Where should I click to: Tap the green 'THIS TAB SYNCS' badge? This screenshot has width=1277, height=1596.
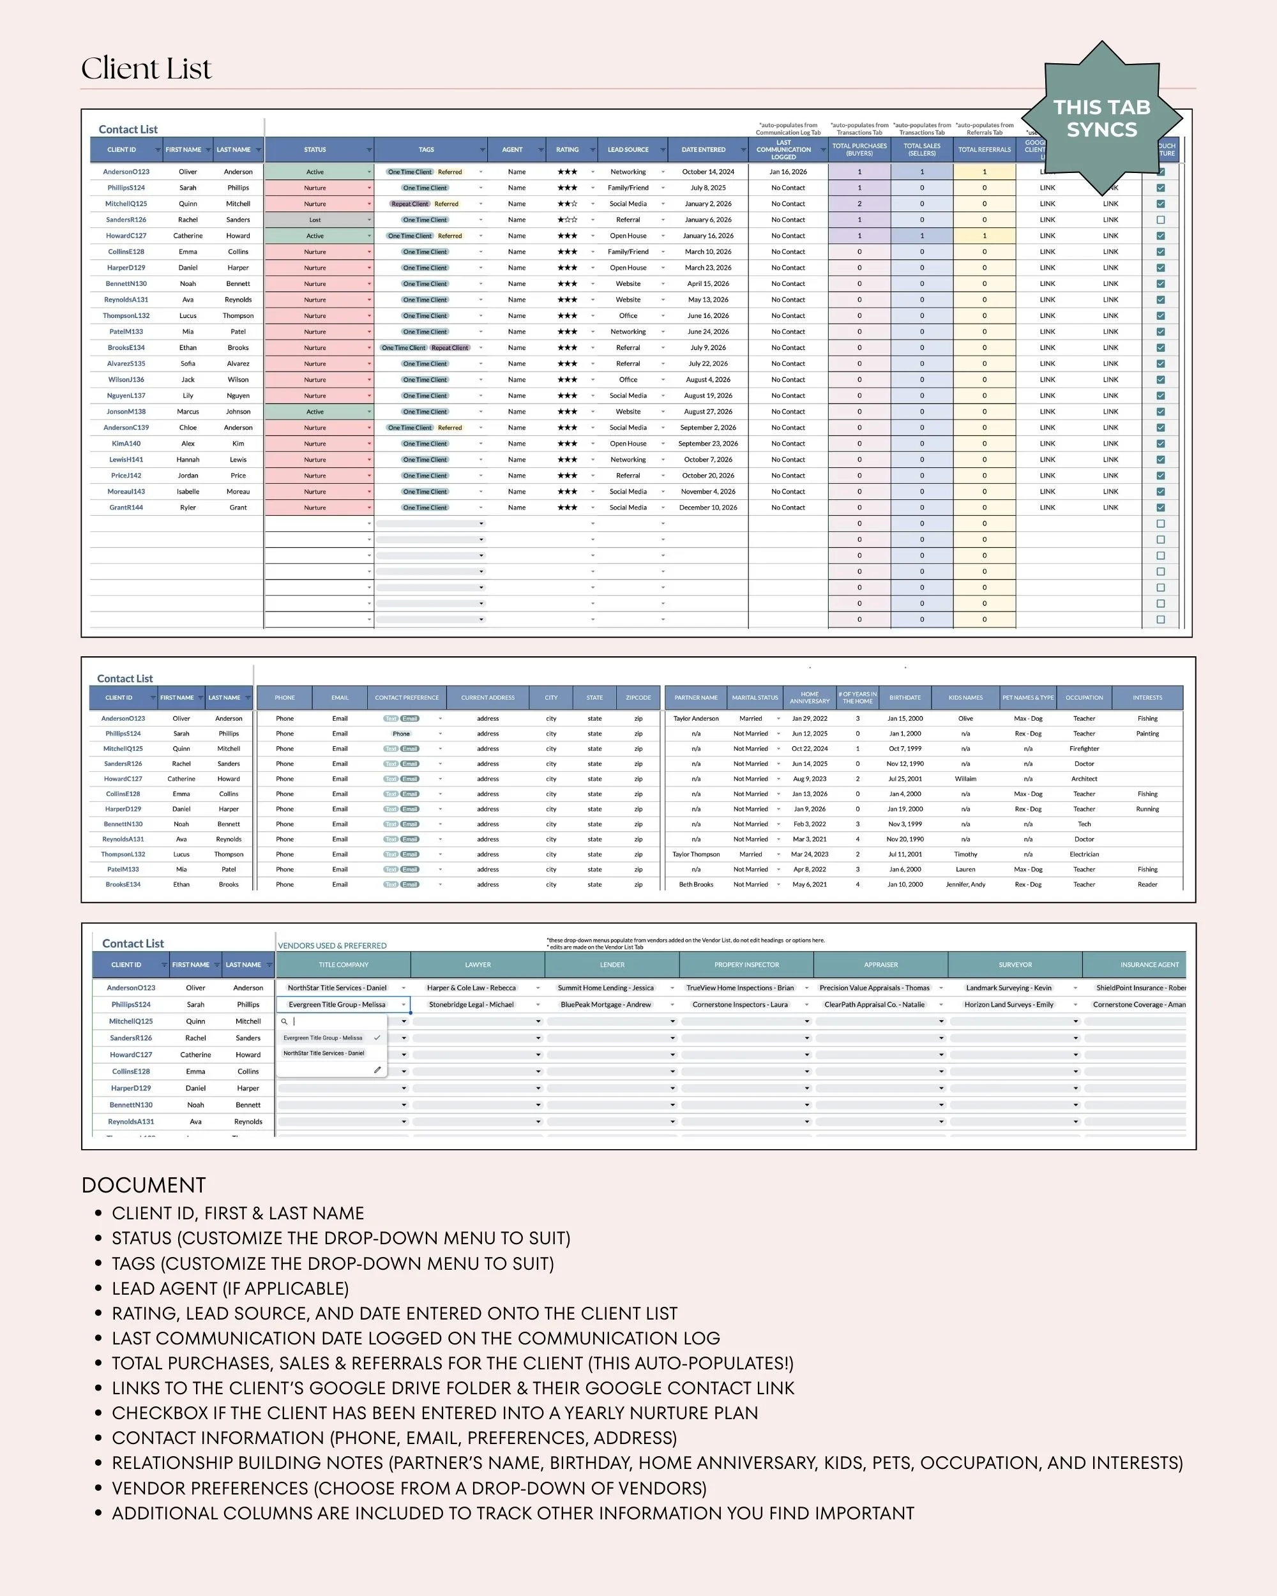pyautogui.click(x=1101, y=119)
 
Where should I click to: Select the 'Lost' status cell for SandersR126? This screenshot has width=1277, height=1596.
pyautogui.click(x=315, y=220)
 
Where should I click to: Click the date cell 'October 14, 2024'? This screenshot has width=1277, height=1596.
pyautogui.click(x=707, y=172)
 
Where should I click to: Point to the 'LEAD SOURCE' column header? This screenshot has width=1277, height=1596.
pyautogui.click(x=628, y=149)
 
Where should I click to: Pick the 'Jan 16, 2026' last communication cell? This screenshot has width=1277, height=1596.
pyautogui.click(x=788, y=172)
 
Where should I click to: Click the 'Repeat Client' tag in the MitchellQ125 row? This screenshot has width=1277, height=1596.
pyautogui.click(x=409, y=204)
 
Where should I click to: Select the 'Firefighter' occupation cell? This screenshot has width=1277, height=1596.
pyautogui.click(x=1084, y=748)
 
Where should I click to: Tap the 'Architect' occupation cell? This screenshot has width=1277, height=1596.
pyautogui.click(x=1084, y=779)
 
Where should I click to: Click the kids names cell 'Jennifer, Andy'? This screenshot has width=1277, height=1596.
pyautogui.click(x=965, y=885)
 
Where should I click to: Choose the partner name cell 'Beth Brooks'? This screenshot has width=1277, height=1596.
pyautogui.click(x=696, y=885)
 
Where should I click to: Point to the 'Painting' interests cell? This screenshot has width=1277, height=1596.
pyautogui.click(x=1147, y=734)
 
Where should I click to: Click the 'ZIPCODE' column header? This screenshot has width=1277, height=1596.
pyautogui.click(x=638, y=697)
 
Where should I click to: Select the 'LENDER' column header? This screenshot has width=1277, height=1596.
pyautogui.click(x=612, y=965)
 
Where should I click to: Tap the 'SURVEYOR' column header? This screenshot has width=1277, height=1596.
pyautogui.click(x=1015, y=965)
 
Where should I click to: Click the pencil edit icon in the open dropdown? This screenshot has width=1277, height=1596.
pyautogui.click(x=377, y=1070)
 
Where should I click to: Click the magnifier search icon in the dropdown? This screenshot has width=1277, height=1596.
pyautogui.click(x=284, y=1021)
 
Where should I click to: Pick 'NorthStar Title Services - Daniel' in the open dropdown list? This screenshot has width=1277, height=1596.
pyautogui.click(x=324, y=1053)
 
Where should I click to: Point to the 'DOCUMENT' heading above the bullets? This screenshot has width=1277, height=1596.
pyautogui.click(x=144, y=1184)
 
